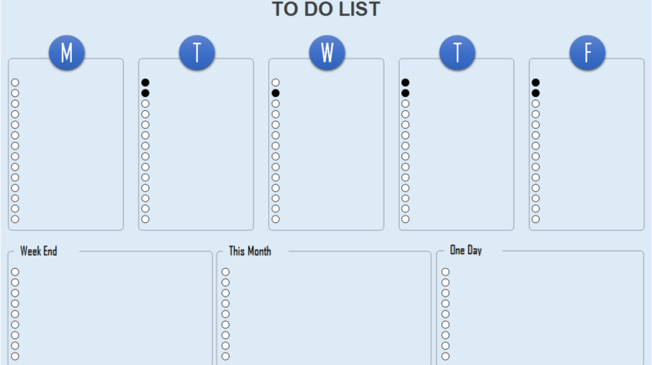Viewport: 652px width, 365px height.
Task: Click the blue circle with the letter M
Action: pos(67,53)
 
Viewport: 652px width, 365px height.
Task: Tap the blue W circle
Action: pos(327,53)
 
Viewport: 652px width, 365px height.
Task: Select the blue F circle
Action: pos(587,53)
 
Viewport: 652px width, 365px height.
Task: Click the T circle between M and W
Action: pos(196,53)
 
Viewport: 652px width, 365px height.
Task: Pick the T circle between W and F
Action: pos(457,53)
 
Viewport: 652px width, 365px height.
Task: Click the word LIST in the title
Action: pos(359,9)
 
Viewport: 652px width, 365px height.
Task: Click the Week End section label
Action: pos(38,251)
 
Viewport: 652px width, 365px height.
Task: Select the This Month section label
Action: pos(250,251)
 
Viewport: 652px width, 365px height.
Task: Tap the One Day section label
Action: pos(466,251)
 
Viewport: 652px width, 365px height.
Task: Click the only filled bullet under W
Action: pos(275,93)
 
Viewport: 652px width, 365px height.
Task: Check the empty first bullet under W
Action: pos(275,83)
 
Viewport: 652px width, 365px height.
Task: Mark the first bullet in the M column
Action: pos(15,83)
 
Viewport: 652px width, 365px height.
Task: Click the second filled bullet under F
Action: pos(536,93)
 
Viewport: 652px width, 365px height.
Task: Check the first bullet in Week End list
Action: pos(15,272)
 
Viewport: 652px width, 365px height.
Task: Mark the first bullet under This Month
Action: pos(226,272)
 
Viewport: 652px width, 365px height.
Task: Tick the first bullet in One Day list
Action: pos(446,272)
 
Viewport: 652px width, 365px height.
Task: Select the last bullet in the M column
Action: pos(15,219)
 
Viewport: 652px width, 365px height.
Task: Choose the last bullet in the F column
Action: pos(536,219)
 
